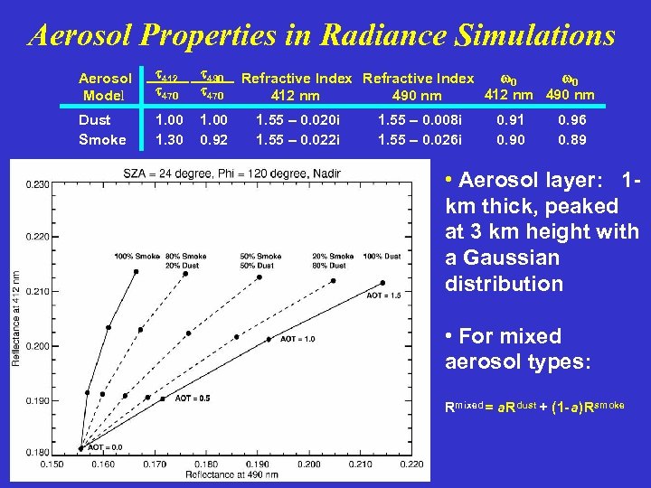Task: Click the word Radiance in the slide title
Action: pos(393,35)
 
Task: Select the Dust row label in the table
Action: pos(95,120)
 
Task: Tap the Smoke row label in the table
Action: pos(102,139)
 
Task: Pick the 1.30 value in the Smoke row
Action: pos(169,139)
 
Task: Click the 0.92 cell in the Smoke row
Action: pos(212,139)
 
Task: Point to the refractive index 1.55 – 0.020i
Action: pos(297,120)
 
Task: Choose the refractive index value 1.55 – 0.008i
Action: pos(419,120)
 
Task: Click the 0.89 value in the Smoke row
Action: pos(571,139)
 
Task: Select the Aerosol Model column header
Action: pos(105,87)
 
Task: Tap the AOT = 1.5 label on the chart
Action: pos(384,296)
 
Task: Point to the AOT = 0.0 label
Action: pos(106,446)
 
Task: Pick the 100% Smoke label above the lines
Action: pos(137,256)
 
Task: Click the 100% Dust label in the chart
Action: pos(381,256)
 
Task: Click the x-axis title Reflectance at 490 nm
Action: pos(231,474)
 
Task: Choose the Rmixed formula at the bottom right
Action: pos(534,407)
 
